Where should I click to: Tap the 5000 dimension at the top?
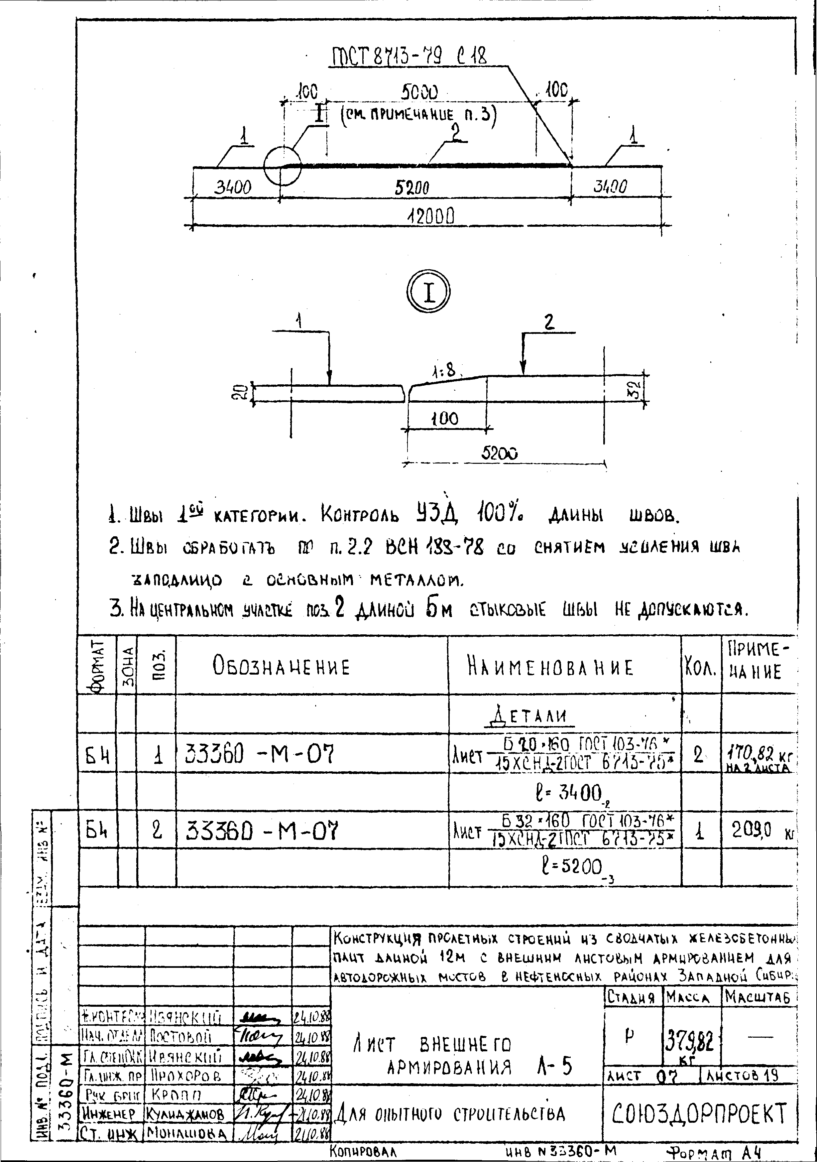419,93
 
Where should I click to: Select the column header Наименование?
549,667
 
